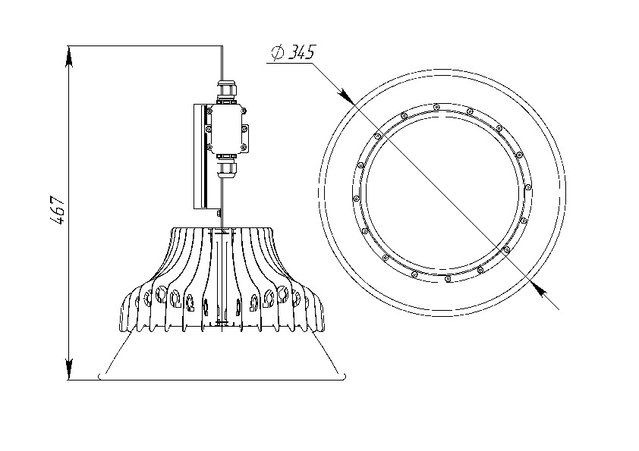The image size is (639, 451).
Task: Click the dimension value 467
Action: pyautogui.click(x=57, y=211)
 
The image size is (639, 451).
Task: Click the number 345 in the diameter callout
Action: pyautogui.click(x=301, y=52)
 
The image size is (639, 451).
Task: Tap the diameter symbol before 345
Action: pyautogui.click(x=278, y=53)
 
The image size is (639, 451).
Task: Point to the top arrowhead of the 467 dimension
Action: pyautogui.click(x=69, y=56)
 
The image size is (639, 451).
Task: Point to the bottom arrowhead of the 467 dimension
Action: pyautogui.click(x=69, y=369)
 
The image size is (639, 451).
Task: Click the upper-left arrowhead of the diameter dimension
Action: pyautogui.click(x=345, y=95)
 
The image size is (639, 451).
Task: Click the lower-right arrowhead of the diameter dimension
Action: pyautogui.click(x=539, y=289)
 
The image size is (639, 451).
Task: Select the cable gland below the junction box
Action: pyautogui.click(x=227, y=167)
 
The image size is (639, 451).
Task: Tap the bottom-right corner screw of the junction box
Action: pyautogui.click(x=244, y=147)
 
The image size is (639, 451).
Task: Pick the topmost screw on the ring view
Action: pyautogui.click(x=436, y=107)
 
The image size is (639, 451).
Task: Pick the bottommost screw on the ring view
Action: pyautogui.click(x=448, y=279)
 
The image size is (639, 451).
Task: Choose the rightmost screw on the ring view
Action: pyautogui.click(x=528, y=187)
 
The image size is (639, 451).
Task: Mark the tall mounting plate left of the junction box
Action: pyautogui.click(x=201, y=157)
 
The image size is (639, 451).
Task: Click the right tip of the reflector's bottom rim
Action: pyautogui.click(x=345, y=376)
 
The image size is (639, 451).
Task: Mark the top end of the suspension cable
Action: pyautogui.click(x=222, y=45)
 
